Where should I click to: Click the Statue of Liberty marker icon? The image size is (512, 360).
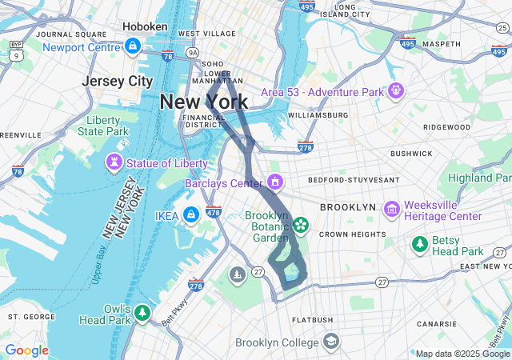(114, 164)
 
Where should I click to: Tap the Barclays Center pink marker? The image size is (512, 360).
(275, 182)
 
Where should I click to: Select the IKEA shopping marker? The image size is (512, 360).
(191, 215)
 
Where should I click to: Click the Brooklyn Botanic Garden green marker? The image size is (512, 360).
(301, 225)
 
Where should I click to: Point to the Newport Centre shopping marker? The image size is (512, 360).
(134, 46)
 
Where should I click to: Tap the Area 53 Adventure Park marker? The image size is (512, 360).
(394, 92)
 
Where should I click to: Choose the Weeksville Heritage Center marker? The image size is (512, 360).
(391, 210)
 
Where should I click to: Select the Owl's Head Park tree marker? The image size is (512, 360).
(142, 312)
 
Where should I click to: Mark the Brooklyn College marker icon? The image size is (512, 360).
(330, 342)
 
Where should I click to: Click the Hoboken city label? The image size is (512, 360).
(145, 26)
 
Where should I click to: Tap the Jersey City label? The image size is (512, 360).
(117, 81)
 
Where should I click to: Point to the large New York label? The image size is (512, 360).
(203, 102)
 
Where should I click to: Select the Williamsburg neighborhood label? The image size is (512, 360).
(318, 115)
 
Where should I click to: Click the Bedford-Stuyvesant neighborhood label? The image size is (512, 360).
(348, 180)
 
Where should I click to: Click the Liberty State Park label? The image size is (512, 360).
(107, 126)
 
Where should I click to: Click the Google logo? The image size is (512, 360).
(26, 350)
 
